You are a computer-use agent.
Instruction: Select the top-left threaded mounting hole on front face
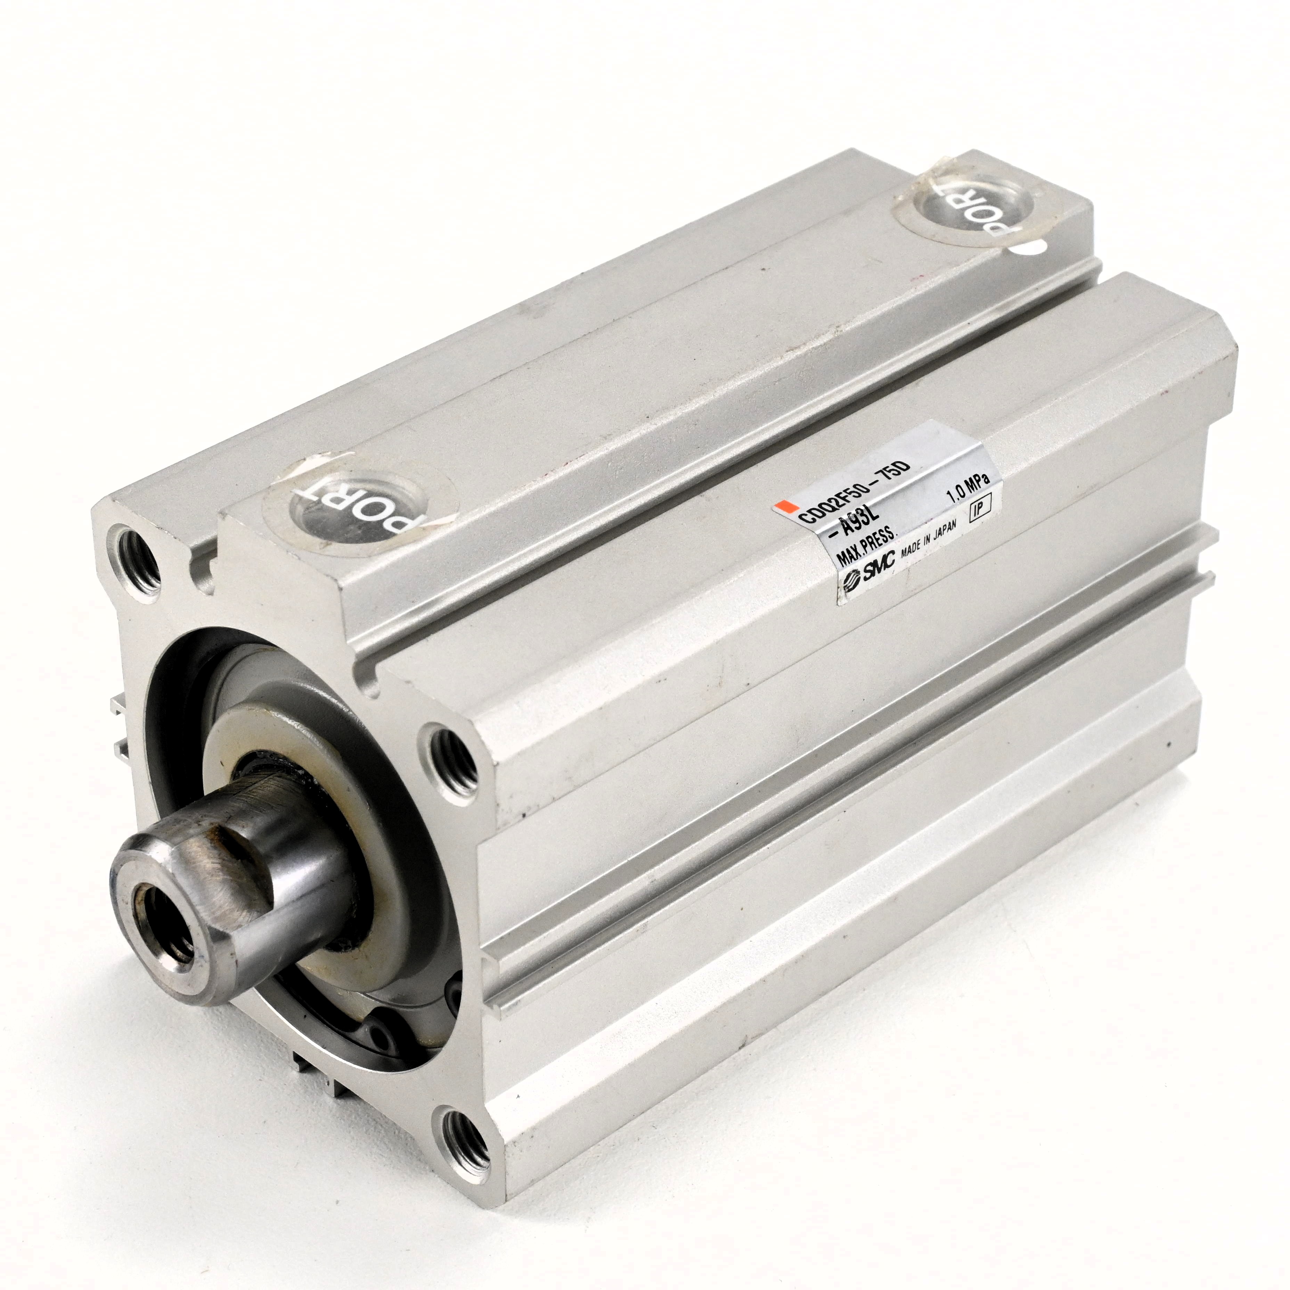137,561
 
